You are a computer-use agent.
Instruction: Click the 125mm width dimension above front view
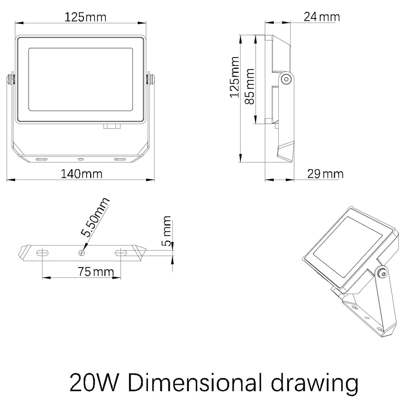[x=85, y=18]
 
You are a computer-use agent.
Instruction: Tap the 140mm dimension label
[x=81, y=174]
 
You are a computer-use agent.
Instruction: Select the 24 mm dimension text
[x=322, y=17]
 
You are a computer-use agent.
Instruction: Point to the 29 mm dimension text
[x=325, y=174]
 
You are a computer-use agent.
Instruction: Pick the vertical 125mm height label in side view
[x=234, y=77]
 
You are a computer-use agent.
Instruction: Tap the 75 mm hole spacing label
[x=96, y=271]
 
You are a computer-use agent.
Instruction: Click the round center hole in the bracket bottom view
[x=82, y=253]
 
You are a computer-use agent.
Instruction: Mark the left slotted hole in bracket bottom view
[x=42, y=253]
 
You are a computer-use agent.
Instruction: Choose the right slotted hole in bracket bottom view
[x=121, y=253]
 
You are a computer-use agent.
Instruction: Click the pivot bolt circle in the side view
[x=286, y=79]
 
